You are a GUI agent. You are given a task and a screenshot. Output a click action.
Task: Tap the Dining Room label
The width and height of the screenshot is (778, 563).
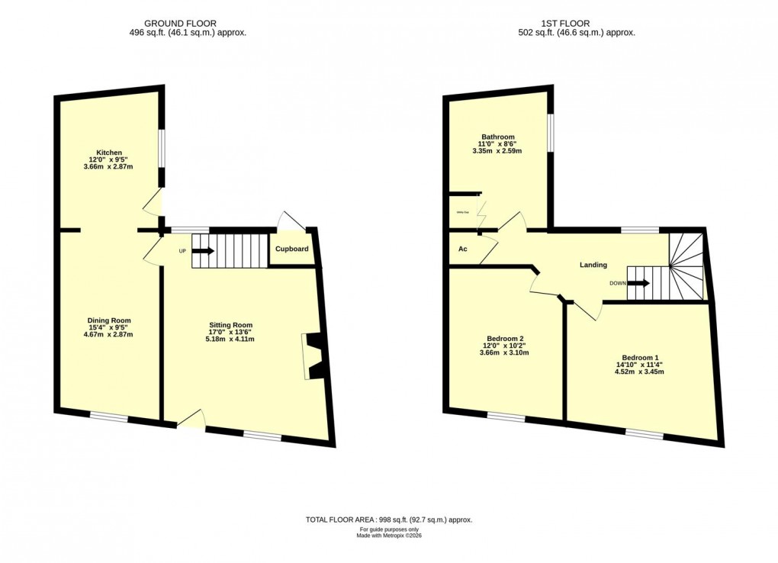tap(109, 320)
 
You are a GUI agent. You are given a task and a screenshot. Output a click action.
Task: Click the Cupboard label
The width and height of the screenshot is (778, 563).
tap(292, 249)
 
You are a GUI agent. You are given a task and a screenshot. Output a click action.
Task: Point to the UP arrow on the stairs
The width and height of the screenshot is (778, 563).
tap(204, 249)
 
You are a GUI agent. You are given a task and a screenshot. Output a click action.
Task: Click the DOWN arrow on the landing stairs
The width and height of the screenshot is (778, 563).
tap(639, 283)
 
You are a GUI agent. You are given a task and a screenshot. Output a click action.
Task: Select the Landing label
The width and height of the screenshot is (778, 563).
tap(593, 265)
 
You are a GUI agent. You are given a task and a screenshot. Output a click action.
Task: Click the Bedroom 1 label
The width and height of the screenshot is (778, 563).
tap(640, 358)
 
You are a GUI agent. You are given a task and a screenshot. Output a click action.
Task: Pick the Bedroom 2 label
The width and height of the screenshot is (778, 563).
tap(505, 339)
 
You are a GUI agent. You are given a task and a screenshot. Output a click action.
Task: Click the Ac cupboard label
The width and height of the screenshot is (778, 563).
tap(462, 249)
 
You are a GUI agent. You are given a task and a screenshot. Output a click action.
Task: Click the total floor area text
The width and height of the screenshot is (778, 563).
tap(389, 520)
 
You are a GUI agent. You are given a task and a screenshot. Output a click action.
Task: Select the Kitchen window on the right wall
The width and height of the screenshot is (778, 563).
tap(162, 146)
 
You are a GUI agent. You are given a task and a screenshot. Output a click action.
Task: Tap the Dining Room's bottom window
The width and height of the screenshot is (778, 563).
tap(108, 416)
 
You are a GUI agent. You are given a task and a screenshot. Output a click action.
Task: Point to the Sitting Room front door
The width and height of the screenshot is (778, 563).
tap(191, 421)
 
